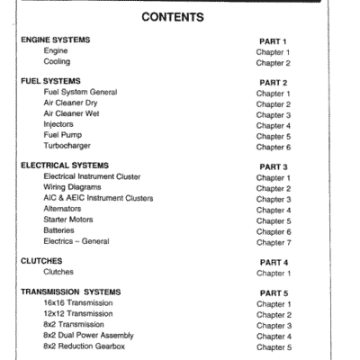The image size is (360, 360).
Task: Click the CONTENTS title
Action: point(180,17)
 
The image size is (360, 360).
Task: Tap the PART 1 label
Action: point(273,41)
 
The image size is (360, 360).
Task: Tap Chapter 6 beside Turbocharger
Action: point(274,146)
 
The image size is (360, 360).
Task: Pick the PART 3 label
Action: point(273,166)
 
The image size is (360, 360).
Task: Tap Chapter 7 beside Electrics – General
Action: point(274,241)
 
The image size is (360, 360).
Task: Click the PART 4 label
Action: point(273,261)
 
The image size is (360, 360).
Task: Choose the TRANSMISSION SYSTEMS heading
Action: point(69,292)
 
